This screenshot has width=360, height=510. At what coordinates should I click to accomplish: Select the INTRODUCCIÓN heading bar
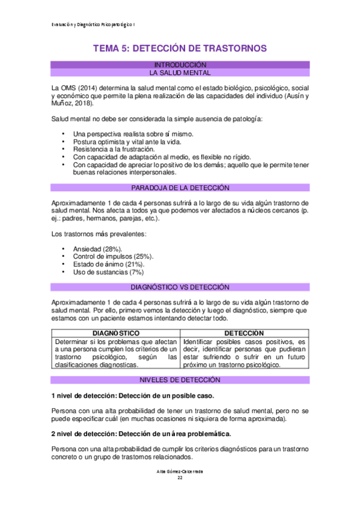(180, 64)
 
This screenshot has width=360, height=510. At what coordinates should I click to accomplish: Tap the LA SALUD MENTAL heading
(180, 73)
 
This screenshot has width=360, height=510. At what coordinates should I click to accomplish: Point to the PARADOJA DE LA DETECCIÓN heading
(180, 188)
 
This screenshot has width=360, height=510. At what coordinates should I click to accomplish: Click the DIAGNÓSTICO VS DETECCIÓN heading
(180, 287)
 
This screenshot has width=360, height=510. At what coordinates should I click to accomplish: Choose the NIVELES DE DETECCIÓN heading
(180, 380)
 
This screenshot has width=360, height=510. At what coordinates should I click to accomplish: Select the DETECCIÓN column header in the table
(252, 333)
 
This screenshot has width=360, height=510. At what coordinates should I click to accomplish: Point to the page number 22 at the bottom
(180, 478)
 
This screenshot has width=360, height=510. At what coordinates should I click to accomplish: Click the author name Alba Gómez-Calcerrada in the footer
(180, 472)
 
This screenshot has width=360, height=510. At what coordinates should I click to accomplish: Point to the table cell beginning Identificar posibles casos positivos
(252, 352)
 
